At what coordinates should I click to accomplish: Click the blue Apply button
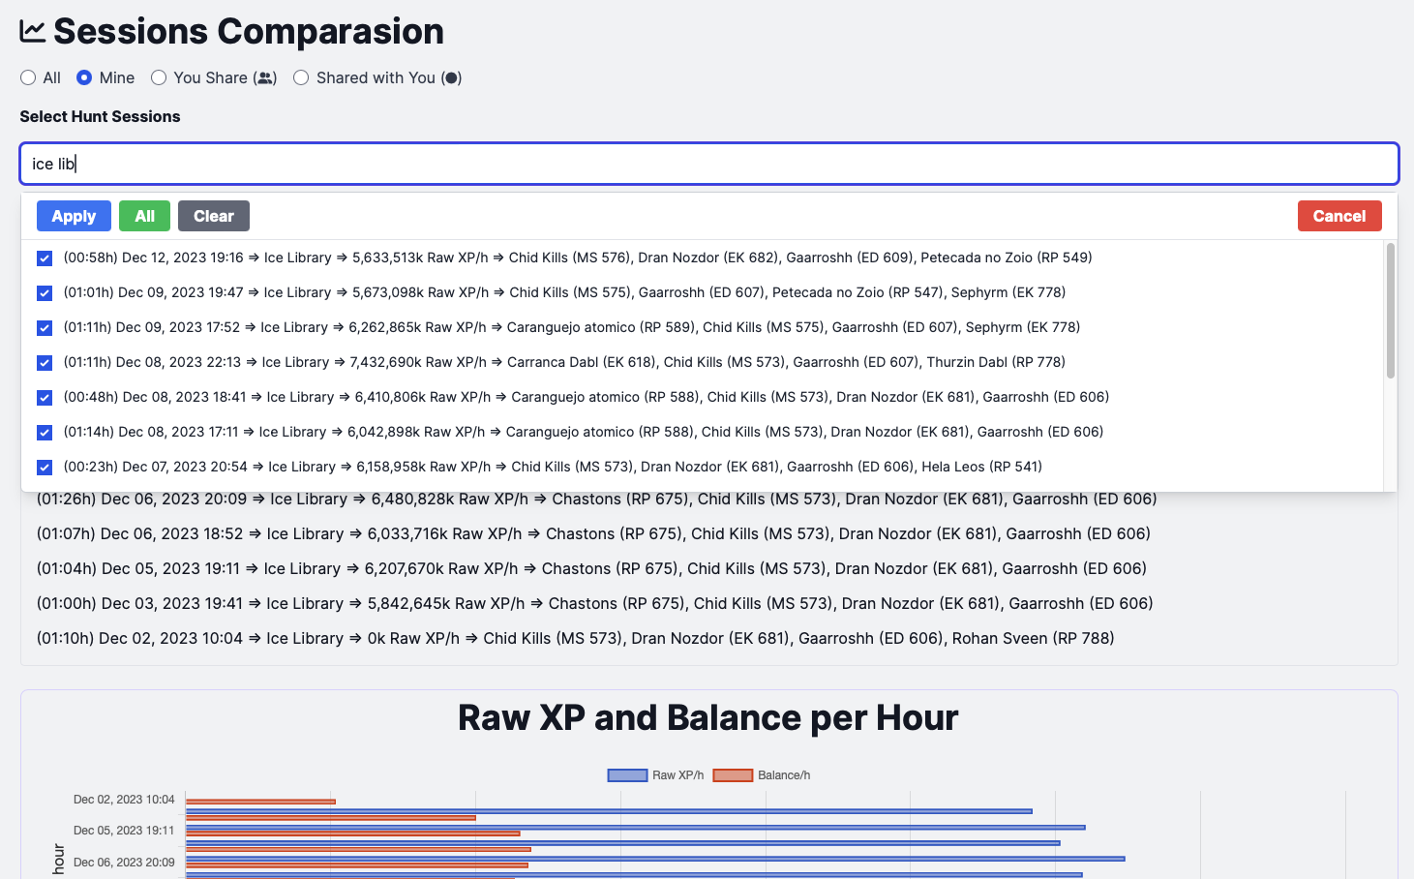74,216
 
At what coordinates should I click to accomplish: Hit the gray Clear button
213,216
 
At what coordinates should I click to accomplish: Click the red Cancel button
1339,216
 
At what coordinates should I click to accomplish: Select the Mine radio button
84,77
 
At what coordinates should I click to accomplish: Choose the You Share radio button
159,77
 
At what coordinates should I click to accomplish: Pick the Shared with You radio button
301,77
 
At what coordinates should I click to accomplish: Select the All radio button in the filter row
28,77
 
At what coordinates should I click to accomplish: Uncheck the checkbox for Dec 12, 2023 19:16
45,258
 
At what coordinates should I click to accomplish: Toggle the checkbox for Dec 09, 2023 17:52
45,328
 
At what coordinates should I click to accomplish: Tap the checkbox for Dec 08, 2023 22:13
45,363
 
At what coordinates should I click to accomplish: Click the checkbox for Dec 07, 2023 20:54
45,468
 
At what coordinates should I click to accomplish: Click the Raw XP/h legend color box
627,775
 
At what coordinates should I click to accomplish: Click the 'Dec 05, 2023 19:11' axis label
124,831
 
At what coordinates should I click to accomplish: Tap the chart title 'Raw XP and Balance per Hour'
707,718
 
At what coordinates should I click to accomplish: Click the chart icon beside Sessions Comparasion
32,31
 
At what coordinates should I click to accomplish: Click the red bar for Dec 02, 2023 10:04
260,802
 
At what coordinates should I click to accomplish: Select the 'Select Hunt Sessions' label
100,116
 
